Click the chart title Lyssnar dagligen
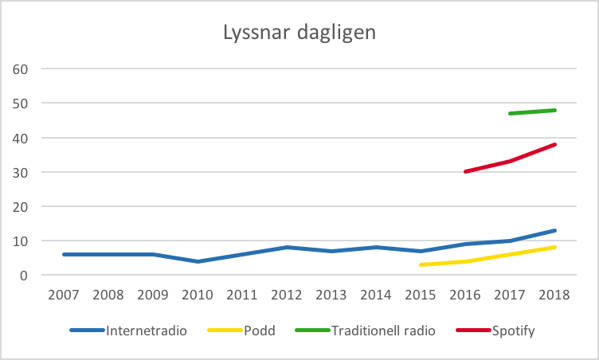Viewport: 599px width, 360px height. click(x=299, y=33)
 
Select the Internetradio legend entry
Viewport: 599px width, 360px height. click(x=147, y=331)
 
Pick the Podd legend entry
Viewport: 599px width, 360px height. click(x=258, y=331)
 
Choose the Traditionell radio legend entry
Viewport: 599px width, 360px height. click(x=383, y=331)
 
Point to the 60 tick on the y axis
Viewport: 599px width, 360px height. click(x=20, y=69)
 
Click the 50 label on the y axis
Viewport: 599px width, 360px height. click(x=20, y=104)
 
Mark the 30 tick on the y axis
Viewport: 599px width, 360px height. click(x=20, y=172)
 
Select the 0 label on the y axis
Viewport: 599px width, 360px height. click(x=24, y=276)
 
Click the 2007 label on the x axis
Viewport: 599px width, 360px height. click(x=64, y=295)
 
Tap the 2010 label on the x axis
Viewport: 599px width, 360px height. click(x=198, y=295)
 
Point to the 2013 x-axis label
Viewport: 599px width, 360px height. click(x=332, y=295)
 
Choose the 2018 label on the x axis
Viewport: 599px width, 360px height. click(x=555, y=295)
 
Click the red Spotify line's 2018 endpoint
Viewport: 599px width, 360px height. click(x=554, y=144)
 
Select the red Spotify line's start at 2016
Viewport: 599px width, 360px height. click(x=465, y=171)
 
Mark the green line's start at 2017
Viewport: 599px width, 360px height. click(x=510, y=113)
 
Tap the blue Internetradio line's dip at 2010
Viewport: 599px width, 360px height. click(x=198, y=261)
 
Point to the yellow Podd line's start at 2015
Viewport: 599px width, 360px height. click(x=421, y=264)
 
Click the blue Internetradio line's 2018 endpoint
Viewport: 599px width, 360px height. click(x=554, y=231)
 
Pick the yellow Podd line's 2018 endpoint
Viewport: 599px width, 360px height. click(x=554, y=248)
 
